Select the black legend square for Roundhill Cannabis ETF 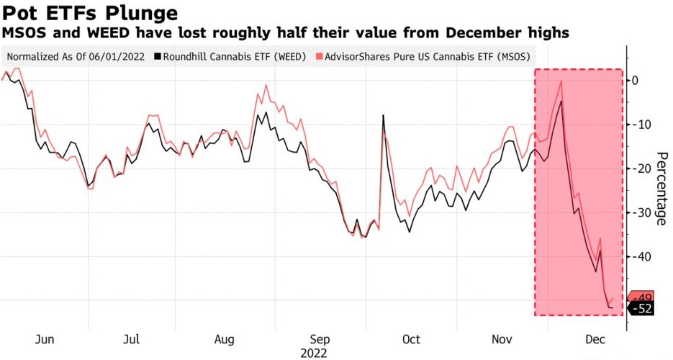(x=157, y=56)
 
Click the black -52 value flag (x=641, y=308)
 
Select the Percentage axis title (x=661, y=189)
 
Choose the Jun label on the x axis (x=44, y=339)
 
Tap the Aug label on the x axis (x=225, y=339)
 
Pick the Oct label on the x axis (x=411, y=339)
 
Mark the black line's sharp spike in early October (x=383, y=115)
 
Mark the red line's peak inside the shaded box (x=561, y=81)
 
